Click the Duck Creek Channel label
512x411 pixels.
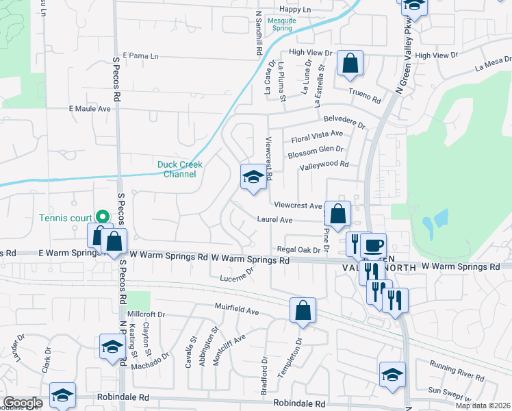[177, 169]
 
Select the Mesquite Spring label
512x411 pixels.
[281, 25]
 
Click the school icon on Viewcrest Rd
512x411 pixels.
[253, 178]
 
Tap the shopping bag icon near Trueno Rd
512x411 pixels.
[350, 64]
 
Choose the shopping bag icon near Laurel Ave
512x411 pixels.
[338, 214]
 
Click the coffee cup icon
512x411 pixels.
[374, 245]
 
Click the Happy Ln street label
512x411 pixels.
[295, 10]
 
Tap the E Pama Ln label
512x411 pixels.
[140, 55]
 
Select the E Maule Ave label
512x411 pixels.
[90, 108]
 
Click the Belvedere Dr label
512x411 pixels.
[345, 121]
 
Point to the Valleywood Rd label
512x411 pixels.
[324, 164]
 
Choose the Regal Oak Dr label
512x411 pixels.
[298, 249]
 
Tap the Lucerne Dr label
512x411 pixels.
[237, 275]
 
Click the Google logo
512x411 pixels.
[23, 403]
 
